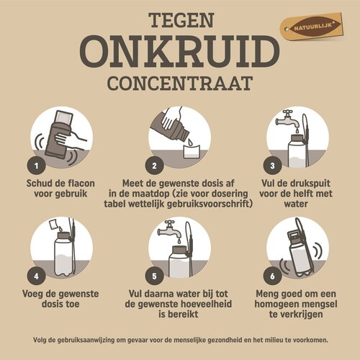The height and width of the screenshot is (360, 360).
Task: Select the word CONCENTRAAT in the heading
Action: (x=179, y=81)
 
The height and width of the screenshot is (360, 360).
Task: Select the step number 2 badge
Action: (x=153, y=165)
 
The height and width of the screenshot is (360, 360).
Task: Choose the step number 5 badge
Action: (x=153, y=276)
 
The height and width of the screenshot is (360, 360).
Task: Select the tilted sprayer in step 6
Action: (x=300, y=248)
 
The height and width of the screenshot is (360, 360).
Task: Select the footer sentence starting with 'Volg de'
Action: (x=179, y=339)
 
